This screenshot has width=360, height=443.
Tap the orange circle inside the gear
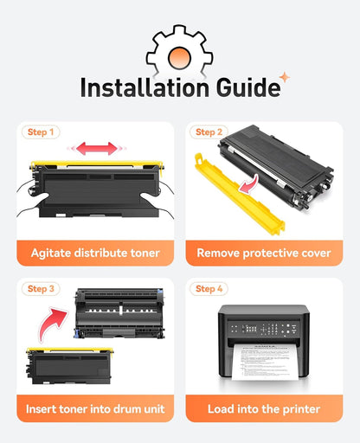click(x=179, y=57)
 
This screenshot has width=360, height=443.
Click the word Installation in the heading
click(x=145, y=87)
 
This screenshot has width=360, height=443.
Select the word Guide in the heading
click(x=248, y=87)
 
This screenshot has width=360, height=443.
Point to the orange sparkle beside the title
click(x=285, y=77)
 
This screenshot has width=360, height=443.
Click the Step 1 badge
click(x=41, y=132)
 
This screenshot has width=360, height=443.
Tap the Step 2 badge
click(x=209, y=132)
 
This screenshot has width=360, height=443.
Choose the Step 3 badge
click(x=41, y=289)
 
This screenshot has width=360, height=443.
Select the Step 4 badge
click(x=209, y=289)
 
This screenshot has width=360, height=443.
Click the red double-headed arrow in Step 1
click(x=97, y=148)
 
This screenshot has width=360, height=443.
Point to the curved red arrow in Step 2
click(x=250, y=184)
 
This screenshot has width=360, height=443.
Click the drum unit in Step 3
click(x=119, y=313)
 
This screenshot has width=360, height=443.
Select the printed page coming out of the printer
click(x=265, y=362)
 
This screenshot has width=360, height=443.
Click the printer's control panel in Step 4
click(x=263, y=329)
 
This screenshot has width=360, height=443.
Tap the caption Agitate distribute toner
click(x=95, y=253)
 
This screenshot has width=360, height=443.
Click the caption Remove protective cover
click(x=264, y=253)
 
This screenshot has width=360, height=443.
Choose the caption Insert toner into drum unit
click(x=95, y=409)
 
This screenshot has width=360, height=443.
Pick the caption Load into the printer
click(x=264, y=409)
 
